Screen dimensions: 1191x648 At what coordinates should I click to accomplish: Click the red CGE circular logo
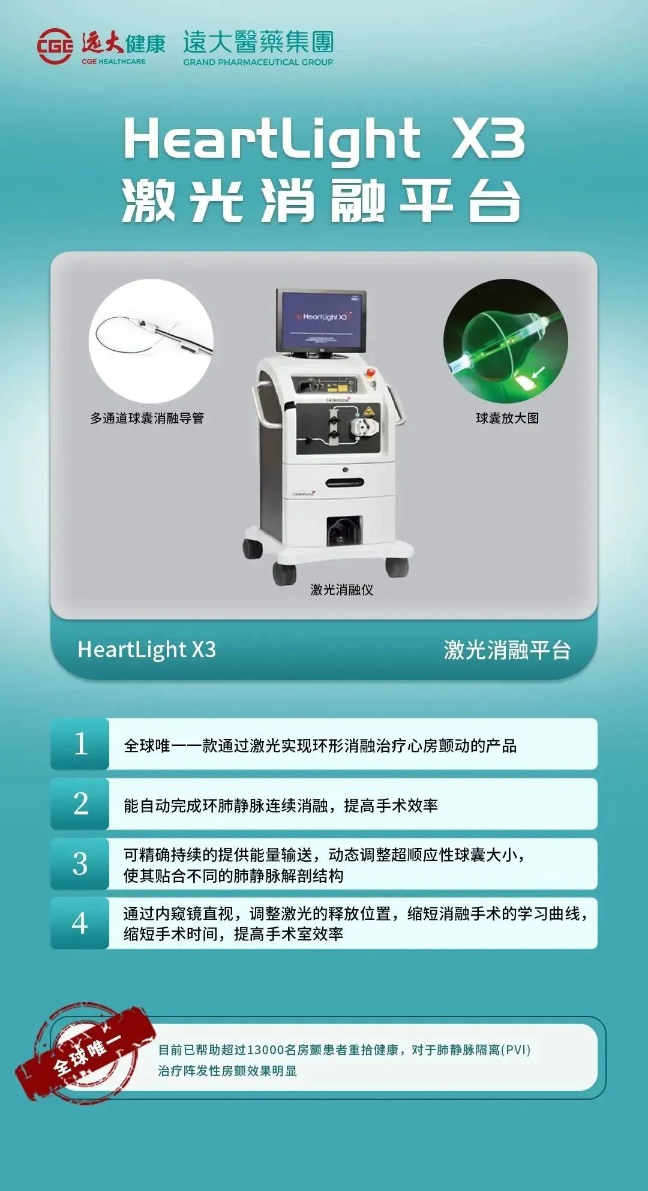coord(55,46)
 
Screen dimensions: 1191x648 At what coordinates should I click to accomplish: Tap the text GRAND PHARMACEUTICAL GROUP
coord(258,62)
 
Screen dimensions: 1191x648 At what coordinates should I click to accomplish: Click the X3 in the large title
coord(487,139)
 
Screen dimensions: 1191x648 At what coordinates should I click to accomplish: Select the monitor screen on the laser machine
coord(322,321)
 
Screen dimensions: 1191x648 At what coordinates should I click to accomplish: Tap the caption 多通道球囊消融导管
coord(147,418)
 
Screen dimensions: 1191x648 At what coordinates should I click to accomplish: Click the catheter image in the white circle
coord(151,340)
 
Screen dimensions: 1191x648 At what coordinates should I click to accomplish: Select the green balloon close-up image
coord(505,341)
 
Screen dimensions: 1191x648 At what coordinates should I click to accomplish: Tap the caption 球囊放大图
coord(507,418)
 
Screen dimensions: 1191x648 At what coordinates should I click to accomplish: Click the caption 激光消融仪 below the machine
coord(341,590)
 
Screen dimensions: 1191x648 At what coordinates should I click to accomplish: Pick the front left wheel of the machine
coord(284,573)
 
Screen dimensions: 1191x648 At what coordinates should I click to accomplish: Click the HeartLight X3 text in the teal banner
coord(146,649)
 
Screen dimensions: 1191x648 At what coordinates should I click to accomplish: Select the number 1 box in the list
coord(80,744)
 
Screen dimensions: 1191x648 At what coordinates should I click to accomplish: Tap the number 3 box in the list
coord(80,864)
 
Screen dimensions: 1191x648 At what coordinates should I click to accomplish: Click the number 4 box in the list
coord(80,923)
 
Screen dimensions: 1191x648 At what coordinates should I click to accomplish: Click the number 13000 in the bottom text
coord(265,1050)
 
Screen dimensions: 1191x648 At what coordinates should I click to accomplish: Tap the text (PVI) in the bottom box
coord(515,1050)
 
